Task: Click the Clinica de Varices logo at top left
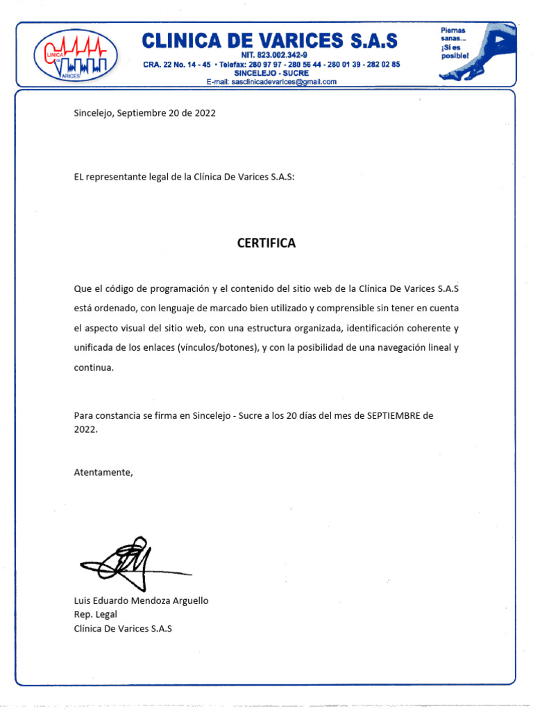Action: pyautogui.click(x=76, y=55)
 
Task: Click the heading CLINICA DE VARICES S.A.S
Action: pyautogui.click(x=270, y=40)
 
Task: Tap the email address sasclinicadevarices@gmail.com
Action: pyautogui.click(x=271, y=82)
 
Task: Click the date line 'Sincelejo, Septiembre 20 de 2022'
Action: pyautogui.click(x=144, y=113)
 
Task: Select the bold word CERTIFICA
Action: pyautogui.click(x=266, y=243)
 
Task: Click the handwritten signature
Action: pyautogui.click(x=132, y=562)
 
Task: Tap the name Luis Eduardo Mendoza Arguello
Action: pyautogui.click(x=141, y=600)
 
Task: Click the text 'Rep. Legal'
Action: pyautogui.click(x=95, y=614)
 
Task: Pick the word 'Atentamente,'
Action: pyautogui.click(x=103, y=472)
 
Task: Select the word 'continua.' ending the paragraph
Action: pyautogui.click(x=93, y=367)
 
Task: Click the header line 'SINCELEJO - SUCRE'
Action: pyautogui.click(x=271, y=73)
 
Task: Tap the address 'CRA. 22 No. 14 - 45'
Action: pyautogui.click(x=177, y=64)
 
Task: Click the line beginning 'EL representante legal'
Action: pyautogui.click(x=184, y=177)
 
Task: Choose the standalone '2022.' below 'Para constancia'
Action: pyautogui.click(x=86, y=429)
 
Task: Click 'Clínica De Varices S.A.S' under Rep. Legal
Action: pyautogui.click(x=122, y=628)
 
